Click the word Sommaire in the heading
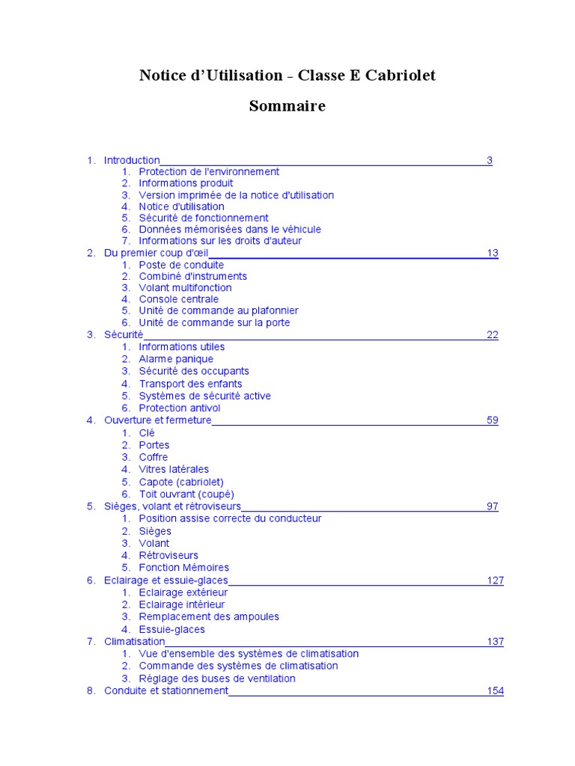pos(287,106)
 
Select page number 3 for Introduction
pos(490,160)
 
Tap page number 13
pos(493,253)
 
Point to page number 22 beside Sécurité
pos(493,334)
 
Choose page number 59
pos(493,420)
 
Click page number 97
pos(493,506)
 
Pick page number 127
pos(496,580)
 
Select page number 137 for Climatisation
pos(496,642)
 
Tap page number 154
pos(496,691)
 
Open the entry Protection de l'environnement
pos(209,171)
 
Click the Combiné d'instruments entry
pos(192,276)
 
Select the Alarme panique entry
pos(176,359)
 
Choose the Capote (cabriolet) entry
pos(181,482)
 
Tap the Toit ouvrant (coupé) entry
pos(186,494)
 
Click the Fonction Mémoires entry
pos(184,568)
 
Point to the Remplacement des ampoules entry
pos(209,617)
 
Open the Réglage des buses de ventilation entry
pos(217,678)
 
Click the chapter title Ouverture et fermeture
pos(158,420)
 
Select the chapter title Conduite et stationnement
pos(165,691)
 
